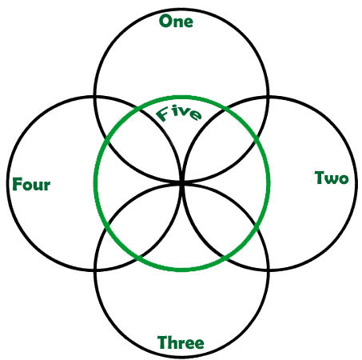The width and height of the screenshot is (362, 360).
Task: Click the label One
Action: (x=176, y=22)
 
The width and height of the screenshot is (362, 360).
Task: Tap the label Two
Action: (x=332, y=178)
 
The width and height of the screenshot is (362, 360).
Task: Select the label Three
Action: (x=181, y=342)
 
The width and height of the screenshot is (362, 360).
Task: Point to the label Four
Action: (x=31, y=184)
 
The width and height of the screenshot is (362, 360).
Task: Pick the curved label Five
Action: (x=178, y=114)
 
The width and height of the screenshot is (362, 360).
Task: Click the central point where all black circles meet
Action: (x=182, y=183)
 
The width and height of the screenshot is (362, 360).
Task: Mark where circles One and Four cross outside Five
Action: (x=95, y=96)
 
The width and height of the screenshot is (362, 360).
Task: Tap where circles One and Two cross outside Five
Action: (x=269, y=97)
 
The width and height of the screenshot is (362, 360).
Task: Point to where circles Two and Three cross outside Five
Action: (x=269, y=270)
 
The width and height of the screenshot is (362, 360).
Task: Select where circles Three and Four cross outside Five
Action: (x=95, y=270)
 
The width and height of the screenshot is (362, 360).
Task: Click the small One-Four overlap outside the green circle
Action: (x=110, y=112)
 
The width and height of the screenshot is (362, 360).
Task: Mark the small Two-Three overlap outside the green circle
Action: (x=253, y=254)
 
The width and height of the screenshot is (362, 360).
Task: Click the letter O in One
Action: (x=165, y=22)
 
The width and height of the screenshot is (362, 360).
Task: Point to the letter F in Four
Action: (x=17, y=184)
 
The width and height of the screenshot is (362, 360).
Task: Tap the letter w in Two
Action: (x=332, y=179)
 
